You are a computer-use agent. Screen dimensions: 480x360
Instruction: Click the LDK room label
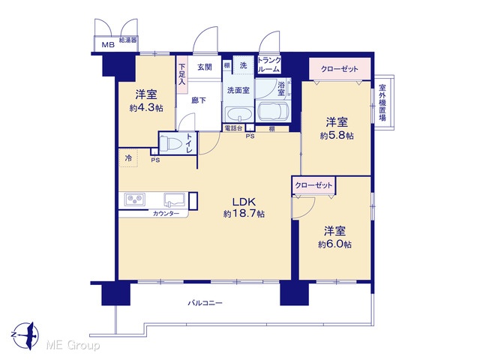click(x=244, y=202)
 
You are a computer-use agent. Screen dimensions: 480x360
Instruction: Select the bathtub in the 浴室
click(x=273, y=112)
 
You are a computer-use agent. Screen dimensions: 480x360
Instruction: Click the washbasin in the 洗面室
click(x=238, y=114)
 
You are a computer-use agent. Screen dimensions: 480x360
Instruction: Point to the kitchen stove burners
click(x=135, y=199)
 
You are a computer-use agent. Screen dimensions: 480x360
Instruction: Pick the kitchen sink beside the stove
click(x=174, y=199)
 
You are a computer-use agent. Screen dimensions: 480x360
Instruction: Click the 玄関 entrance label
click(x=205, y=67)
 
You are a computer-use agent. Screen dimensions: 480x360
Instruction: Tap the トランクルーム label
click(x=269, y=64)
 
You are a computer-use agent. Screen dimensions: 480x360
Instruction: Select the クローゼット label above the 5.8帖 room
click(x=339, y=69)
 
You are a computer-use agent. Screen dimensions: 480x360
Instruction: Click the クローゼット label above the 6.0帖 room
click(x=313, y=185)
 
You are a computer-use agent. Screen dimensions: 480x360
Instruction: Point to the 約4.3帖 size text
click(x=146, y=108)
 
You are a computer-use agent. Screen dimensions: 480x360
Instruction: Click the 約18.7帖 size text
click(x=244, y=214)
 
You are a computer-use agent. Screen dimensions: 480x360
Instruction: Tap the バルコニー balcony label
click(x=205, y=303)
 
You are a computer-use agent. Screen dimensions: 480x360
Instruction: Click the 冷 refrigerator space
click(x=128, y=158)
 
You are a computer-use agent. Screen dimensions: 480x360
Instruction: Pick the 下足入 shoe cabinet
click(x=182, y=74)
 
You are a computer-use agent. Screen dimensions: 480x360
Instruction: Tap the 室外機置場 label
click(x=382, y=103)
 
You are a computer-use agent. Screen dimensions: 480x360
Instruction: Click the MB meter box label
click(x=108, y=45)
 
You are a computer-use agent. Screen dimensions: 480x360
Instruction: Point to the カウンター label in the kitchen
click(x=166, y=214)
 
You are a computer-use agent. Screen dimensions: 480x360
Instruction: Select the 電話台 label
click(x=233, y=128)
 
